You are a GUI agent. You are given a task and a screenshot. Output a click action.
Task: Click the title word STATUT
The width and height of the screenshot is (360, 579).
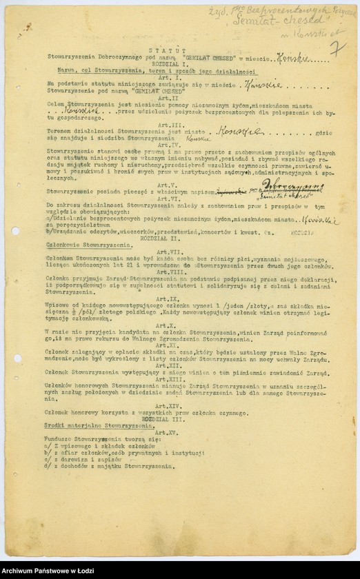pyautogui.click(x=172, y=50)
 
